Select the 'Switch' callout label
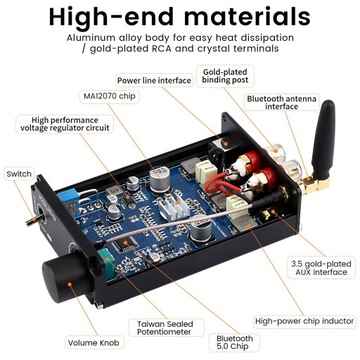coord(18,173)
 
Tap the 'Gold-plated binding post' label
coord(226,78)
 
